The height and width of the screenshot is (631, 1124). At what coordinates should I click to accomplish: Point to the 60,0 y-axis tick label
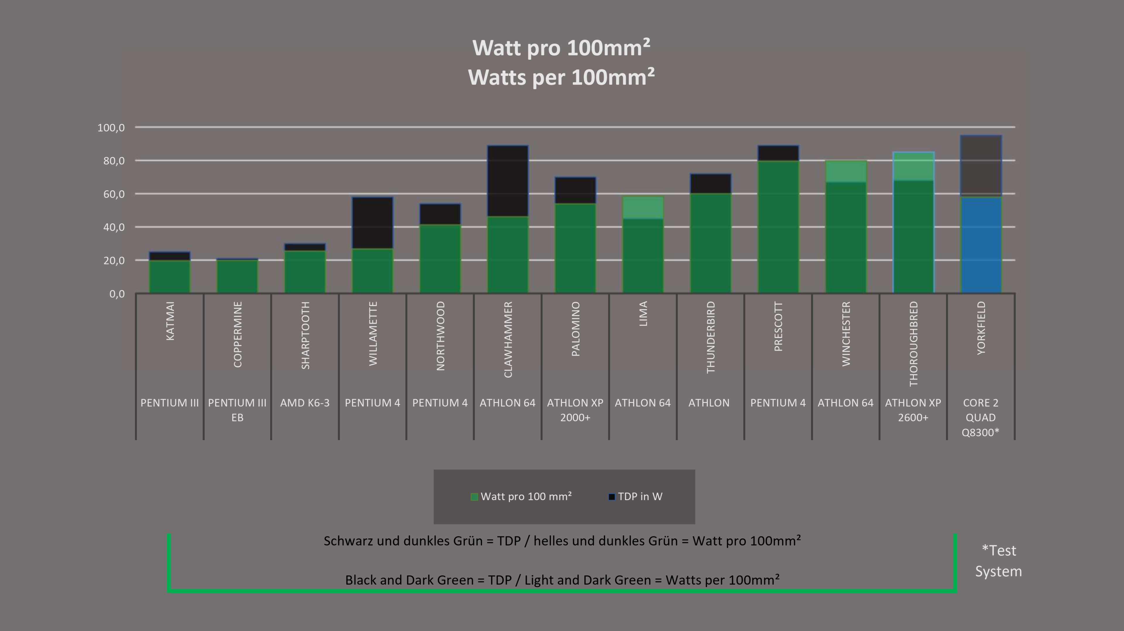114,194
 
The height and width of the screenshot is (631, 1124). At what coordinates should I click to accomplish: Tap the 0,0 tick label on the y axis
116,294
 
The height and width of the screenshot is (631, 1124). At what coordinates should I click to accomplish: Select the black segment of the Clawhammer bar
508,181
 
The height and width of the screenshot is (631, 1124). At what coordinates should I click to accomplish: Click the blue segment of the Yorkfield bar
981,245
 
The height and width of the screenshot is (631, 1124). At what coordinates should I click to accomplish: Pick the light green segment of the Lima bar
643,208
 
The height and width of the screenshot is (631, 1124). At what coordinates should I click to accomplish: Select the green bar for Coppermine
237,276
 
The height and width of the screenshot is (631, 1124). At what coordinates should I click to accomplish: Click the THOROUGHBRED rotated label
913,343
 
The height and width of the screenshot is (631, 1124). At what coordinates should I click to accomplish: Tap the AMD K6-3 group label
304,403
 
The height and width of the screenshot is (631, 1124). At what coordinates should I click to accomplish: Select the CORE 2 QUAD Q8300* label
981,417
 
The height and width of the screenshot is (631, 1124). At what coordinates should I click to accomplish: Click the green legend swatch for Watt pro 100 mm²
474,497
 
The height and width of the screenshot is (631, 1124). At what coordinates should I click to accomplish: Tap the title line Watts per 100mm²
561,78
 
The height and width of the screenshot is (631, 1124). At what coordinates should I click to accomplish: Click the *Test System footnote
998,561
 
